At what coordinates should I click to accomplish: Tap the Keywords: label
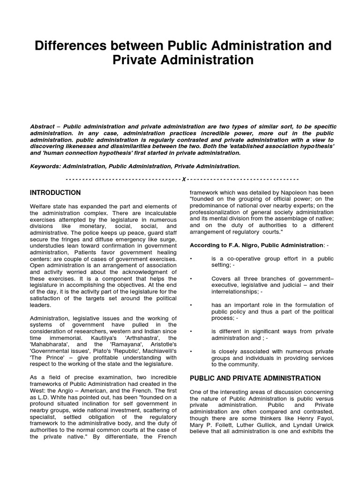point(45,166)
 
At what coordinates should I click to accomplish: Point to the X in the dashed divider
point(184,179)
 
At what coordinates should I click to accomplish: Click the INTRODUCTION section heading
point(55,193)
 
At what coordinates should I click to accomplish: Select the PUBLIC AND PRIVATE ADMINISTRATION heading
point(255,378)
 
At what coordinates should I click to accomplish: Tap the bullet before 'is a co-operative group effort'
point(191,258)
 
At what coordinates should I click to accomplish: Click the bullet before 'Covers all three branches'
point(191,278)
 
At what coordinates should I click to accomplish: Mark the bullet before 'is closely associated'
point(191,352)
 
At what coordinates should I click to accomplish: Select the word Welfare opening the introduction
point(41,207)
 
